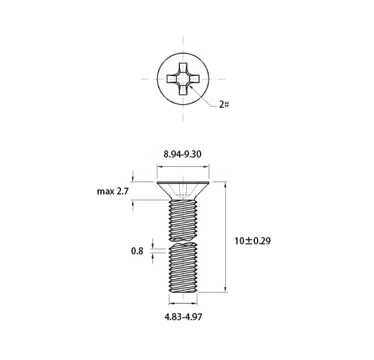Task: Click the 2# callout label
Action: (x=224, y=105)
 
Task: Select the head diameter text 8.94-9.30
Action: (x=183, y=154)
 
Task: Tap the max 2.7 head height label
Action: (x=113, y=192)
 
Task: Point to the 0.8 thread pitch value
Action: (x=137, y=251)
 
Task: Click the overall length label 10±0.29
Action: (x=253, y=241)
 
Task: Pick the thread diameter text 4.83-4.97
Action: (x=183, y=317)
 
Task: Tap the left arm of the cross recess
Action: (x=172, y=79)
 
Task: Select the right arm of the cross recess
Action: (x=194, y=79)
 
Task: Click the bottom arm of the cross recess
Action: (x=183, y=90)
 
